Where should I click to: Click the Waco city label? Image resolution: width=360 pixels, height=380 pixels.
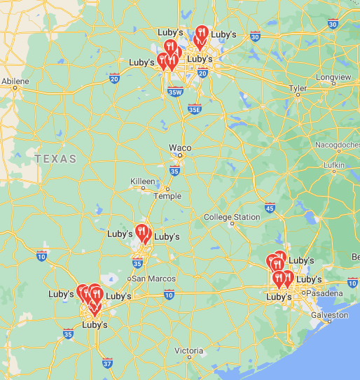pos(180,148)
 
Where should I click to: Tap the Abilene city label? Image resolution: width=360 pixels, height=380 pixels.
pos(15,82)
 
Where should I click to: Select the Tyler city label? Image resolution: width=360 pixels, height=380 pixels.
pos(298,88)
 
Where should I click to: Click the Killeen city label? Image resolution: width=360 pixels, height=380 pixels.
pos(143,181)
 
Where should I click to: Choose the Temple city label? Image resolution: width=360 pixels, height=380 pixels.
pos(167,196)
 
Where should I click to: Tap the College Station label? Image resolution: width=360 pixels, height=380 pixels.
pos(232,217)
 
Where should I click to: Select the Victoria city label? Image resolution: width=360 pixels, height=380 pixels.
pos(189,350)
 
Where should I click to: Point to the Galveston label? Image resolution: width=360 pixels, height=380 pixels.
pos(328,315)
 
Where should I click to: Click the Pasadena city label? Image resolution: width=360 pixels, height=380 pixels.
pos(326,293)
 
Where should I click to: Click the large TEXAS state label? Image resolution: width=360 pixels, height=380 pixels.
pos(55,159)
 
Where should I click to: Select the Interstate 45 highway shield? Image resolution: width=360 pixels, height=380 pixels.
pos(270,206)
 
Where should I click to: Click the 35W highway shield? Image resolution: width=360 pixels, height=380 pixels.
pos(175,91)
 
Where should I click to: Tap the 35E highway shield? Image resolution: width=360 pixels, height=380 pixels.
pos(195,108)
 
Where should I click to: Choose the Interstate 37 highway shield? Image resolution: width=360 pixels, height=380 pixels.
pos(106,363)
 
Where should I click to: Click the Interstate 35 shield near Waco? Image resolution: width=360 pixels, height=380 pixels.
pos(174,170)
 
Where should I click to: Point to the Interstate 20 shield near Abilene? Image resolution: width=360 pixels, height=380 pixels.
pos(114,79)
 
